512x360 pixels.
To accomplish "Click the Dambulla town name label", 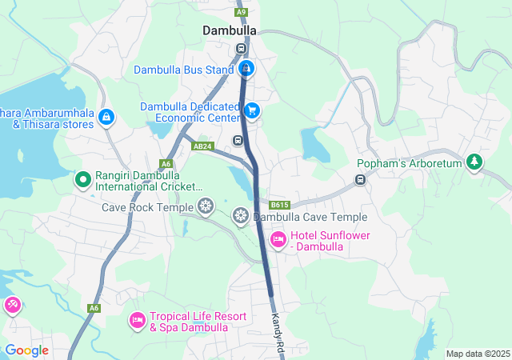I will (x=230, y=30).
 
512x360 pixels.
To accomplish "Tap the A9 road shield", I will (x=242, y=12).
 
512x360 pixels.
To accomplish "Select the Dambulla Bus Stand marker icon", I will (x=248, y=69).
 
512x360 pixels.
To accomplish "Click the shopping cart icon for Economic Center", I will (x=252, y=110).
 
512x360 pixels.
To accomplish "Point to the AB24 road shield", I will (x=203, y=146).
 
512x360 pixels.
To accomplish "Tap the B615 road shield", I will (x=279, y=205).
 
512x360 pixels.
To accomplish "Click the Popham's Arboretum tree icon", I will (x=475, y=162).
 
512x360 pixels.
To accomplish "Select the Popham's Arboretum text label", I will (x=409, y=164).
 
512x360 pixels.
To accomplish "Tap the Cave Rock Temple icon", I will (x=206, y=207).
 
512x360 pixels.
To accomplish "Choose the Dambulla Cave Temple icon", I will (x=241, y=216).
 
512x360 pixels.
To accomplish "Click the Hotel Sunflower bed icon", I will (x=278, y=238).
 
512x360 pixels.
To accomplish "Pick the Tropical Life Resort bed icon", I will (x=137, y=321).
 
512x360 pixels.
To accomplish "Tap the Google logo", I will (x=26, y=350).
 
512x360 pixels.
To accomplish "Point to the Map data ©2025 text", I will (x=478, y=354).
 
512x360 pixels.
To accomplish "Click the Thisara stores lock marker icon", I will (x=106, y=118).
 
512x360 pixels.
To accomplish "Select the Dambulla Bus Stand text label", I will (x=183, y=70).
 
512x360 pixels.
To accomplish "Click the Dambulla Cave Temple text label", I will (x=310, y=217).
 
